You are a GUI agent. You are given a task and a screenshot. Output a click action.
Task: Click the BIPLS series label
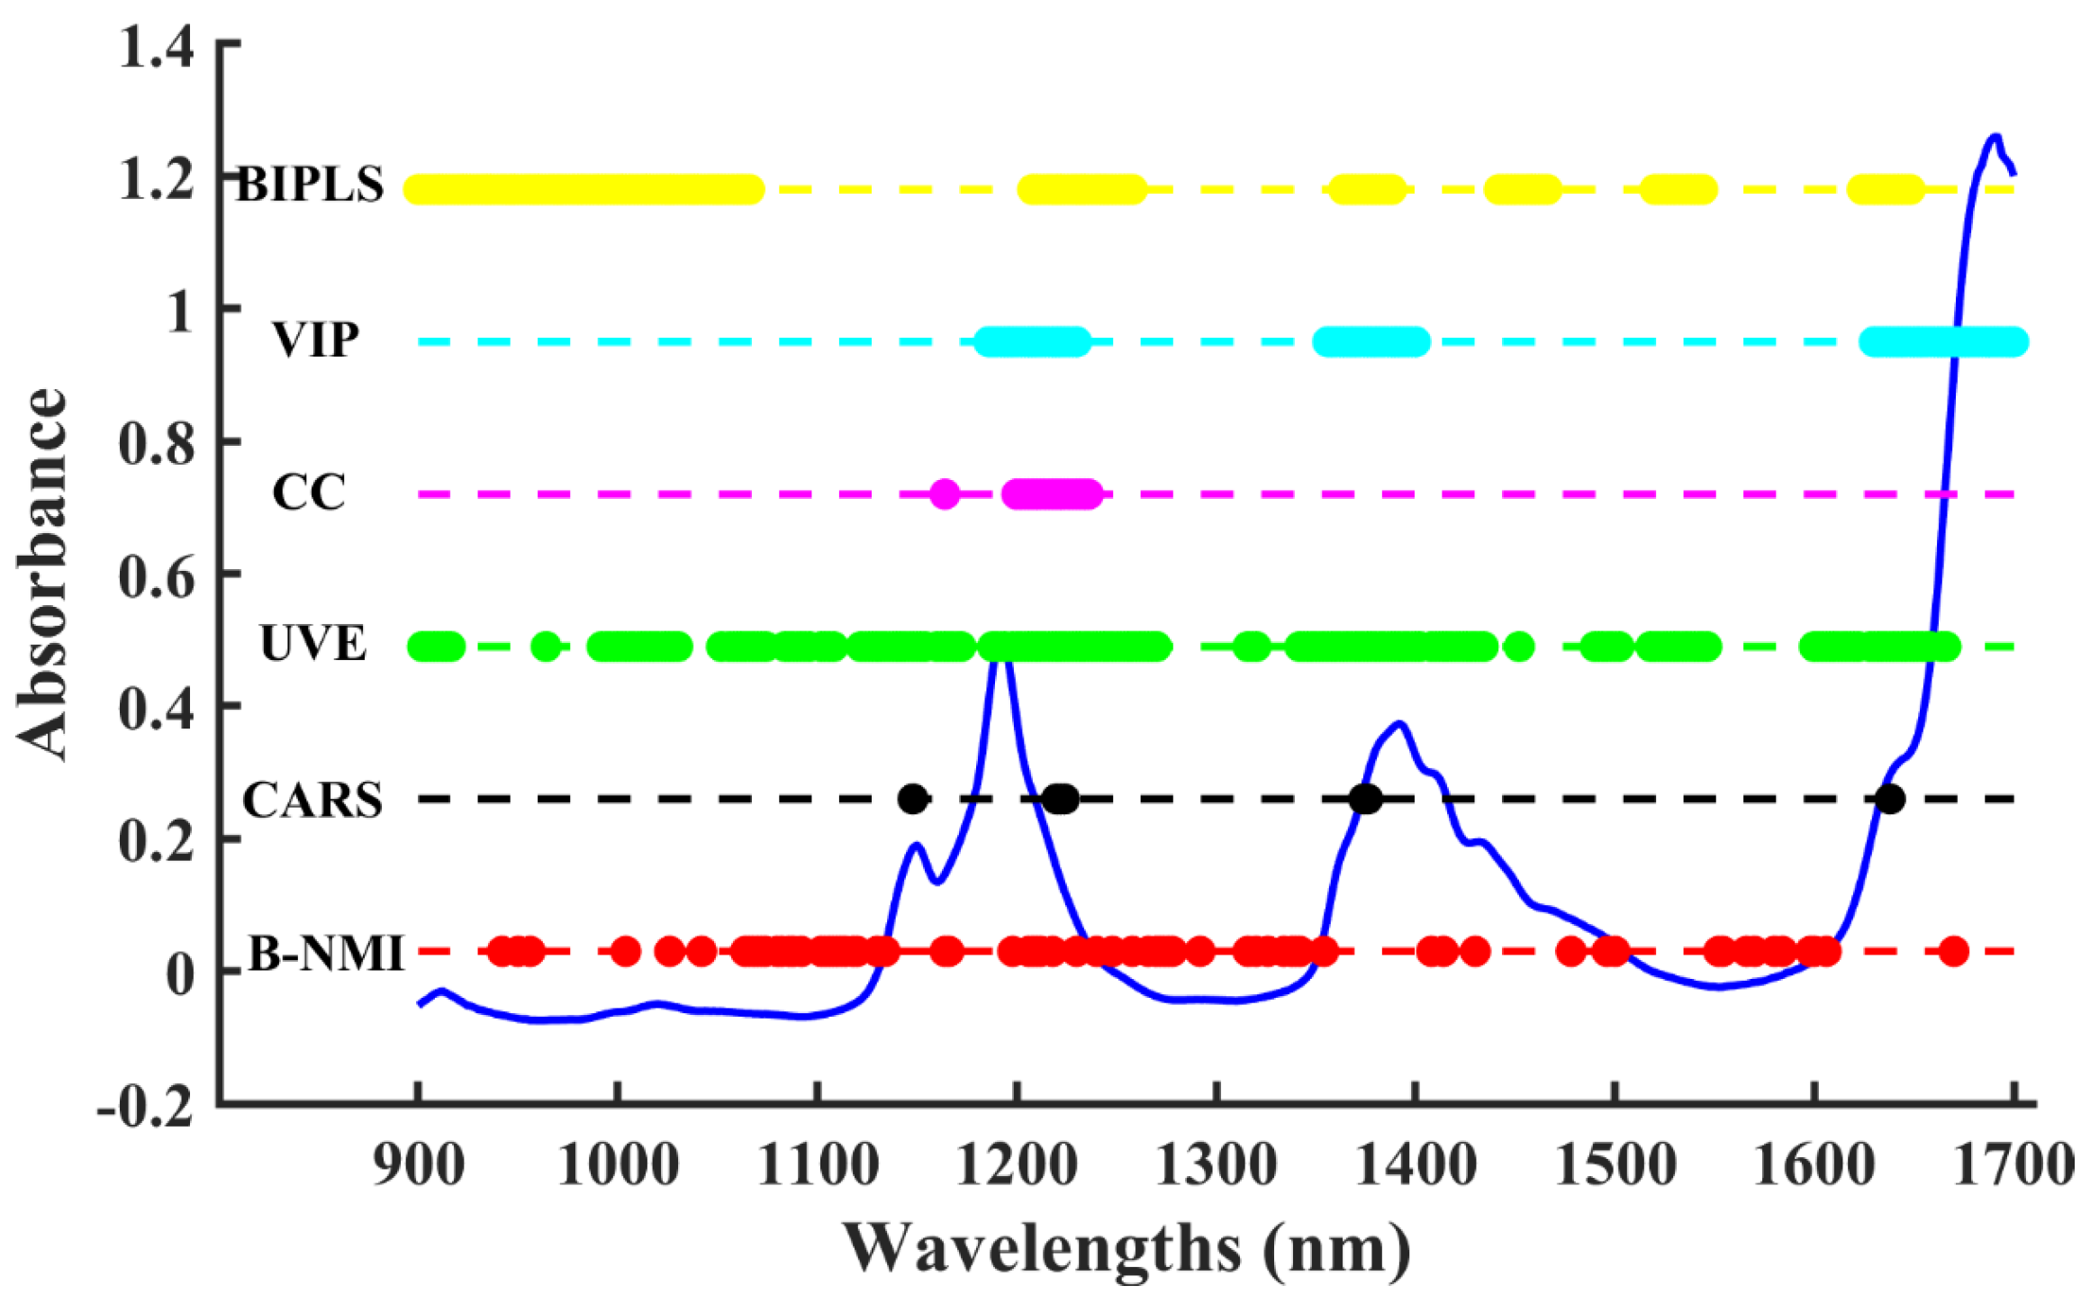pyautogui.click(x=310, y=186)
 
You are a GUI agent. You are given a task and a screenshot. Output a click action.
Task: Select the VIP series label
pyautogui.click(x=316, y=340)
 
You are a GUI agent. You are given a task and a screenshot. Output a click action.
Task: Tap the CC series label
pyautogui.click(x=309, y=493)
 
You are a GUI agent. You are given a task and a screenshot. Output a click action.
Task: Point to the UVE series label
pyautogui.click(x=312, y=644)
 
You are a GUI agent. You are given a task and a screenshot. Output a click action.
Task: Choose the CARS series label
pyautogui.click(x=312, y=800)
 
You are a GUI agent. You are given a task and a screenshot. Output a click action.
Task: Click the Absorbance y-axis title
pyautogui.click(x=41, y=574)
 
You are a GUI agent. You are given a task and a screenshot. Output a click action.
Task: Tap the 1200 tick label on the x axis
pyautogui.click(x=1017, y=1165)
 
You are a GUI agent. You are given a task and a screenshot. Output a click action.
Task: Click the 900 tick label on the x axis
pyautogui.click(x=419, y=1165)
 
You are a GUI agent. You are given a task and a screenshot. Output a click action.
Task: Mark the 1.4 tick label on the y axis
pyautogui.click(x=156, y=47)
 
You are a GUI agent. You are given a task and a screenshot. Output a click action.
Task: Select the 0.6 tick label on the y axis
pyautogui.click(x=156, y=576)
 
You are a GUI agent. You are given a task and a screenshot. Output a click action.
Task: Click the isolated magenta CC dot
pyautogui.click(x=944, y=494)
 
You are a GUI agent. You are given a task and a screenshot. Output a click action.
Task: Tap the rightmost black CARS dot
pyautogui.click(x=1890, y=799)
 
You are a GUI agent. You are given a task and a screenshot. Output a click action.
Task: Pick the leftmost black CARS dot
pyautogui.click(x=913, y=799)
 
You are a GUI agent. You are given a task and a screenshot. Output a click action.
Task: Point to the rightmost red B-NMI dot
pyautogui.click(x=1953, y=951)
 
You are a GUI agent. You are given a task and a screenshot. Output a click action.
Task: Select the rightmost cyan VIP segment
pyautogui.click(x=1943, y=342)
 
